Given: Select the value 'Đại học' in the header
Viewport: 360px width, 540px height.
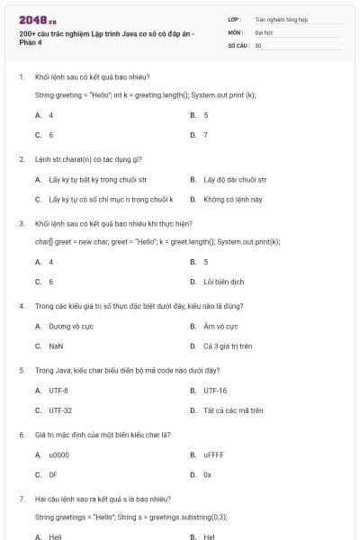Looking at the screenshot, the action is pyautogui.click(x=264, y=31).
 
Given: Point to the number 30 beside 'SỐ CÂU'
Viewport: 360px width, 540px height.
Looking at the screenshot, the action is pyautogui.click(x=258, y=44).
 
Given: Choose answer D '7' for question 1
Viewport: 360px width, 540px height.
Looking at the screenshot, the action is pyautogui.click(x=205, y=135).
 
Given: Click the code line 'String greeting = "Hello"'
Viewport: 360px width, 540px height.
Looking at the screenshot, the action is pyautogui.click(x=145, y=94).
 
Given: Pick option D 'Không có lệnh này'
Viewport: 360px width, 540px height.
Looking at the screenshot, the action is pyautogui.click(x=232, y=199).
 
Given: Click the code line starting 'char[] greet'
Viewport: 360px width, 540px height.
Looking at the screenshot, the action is pyautogui.click(x=157, y=241).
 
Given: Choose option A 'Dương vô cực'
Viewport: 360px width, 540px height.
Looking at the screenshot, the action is pyautogui.click(x=67, y=326).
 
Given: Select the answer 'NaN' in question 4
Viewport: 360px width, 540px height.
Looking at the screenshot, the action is pyautogui.click(x=56, y=346).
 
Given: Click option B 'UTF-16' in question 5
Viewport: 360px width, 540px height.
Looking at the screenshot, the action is pyautogui.click(x=215, y=391).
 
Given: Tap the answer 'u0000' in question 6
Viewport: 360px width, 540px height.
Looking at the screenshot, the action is pyautogui.click(x=59, y=455).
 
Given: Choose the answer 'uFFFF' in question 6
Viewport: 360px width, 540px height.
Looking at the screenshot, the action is pyautogui.click(x=214, y=455).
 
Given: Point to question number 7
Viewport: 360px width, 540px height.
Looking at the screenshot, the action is pyautogui.click(x=21, y=499).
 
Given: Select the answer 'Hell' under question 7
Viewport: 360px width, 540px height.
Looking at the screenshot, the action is pyautogui.click(x=55, y=536).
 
